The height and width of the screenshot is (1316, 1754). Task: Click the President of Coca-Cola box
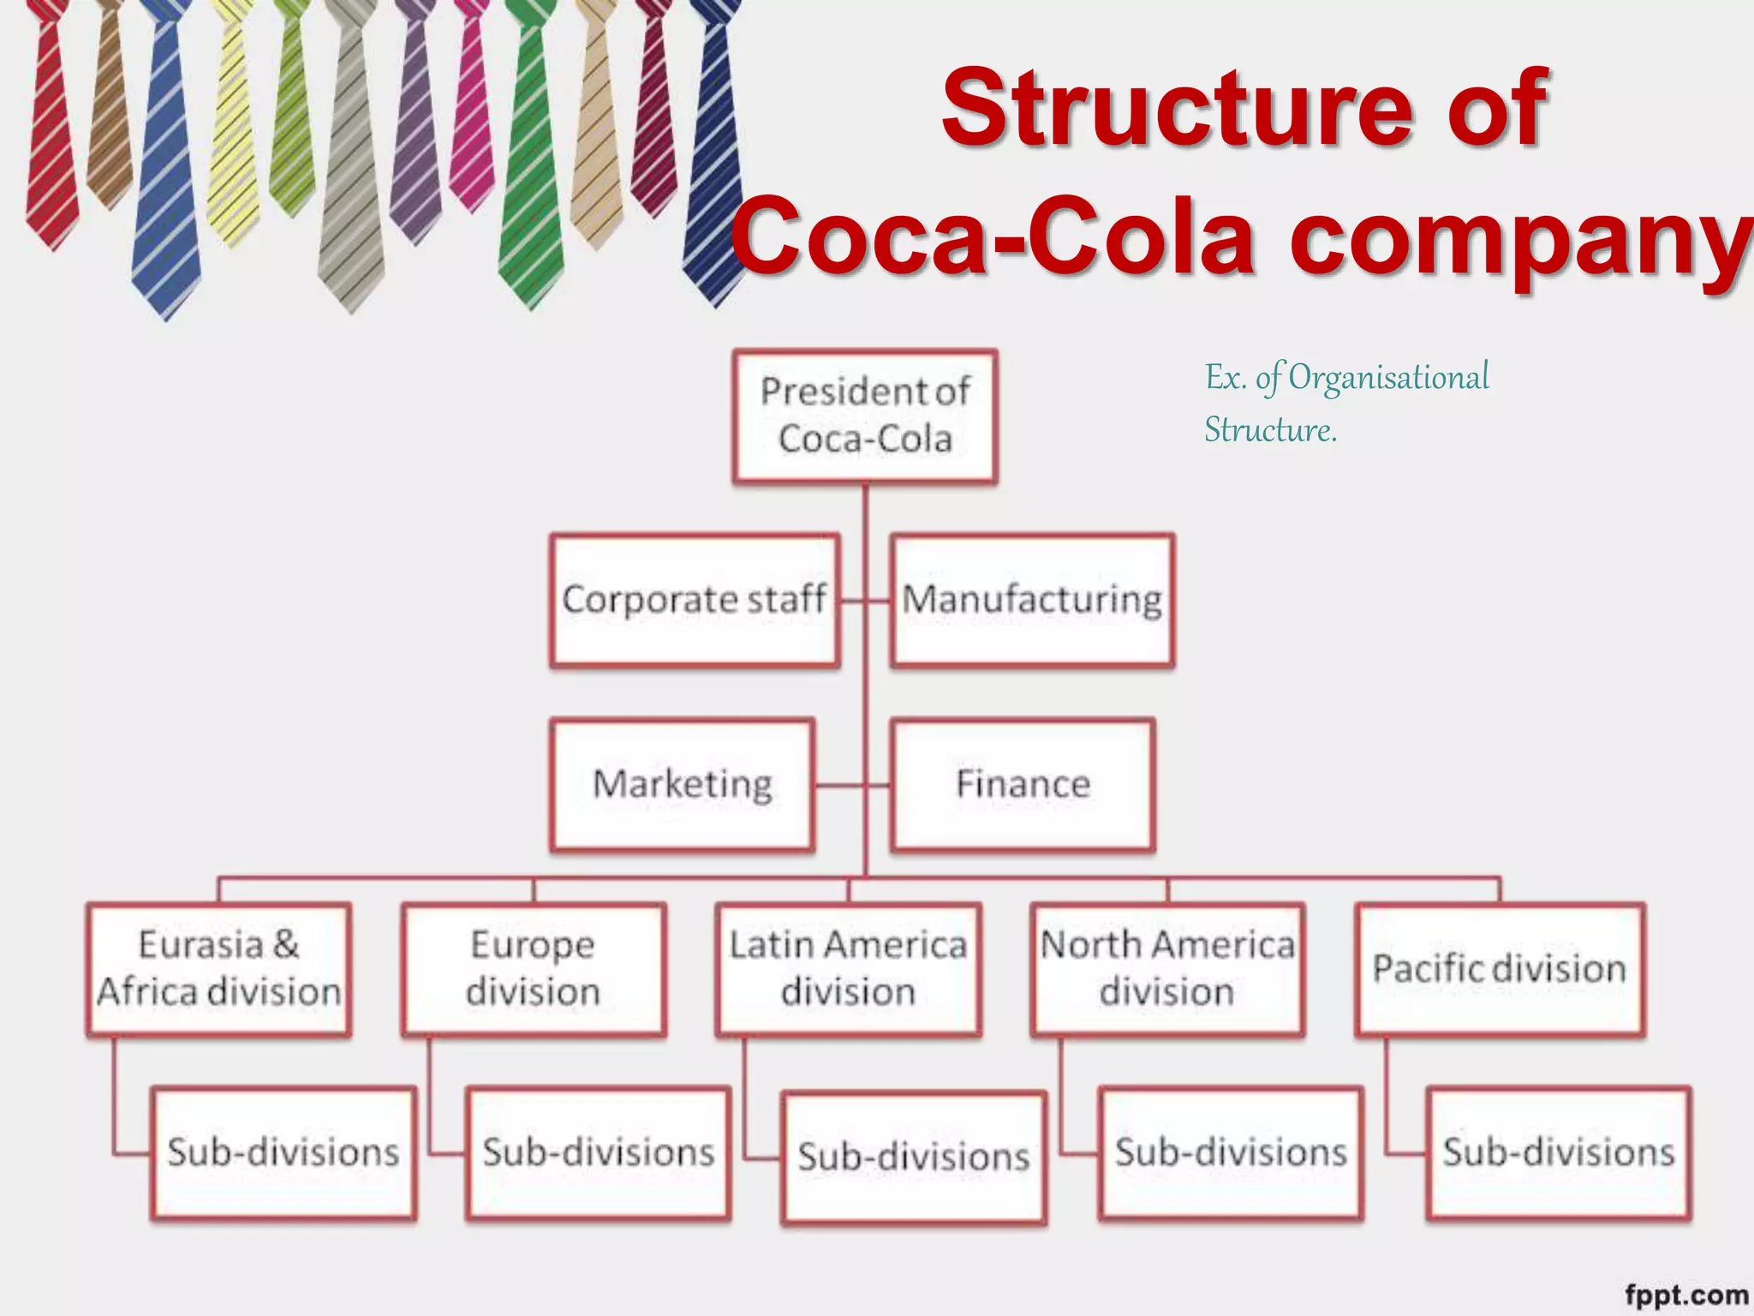click(865, 416)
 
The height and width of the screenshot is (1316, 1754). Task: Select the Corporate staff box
click(695, 600)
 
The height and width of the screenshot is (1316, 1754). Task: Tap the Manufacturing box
click(1032, 600)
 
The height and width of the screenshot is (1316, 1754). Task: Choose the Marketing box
click(683, 785)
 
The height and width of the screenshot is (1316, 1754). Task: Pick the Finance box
click(1023, 785)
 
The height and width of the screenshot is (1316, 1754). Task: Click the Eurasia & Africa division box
click(219, 969)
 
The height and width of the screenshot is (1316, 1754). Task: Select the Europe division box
click(534, 969)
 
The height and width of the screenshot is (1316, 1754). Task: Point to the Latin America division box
click(848, 969)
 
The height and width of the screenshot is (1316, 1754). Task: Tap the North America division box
click(1167, 969)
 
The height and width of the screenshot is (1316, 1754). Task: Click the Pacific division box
click(1500, 969)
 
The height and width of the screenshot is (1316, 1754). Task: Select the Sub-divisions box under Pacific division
click(1559, 1152)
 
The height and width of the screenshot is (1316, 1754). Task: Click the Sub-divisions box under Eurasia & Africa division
click(283, 1152)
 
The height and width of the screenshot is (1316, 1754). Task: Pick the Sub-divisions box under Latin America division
click(914, 1157)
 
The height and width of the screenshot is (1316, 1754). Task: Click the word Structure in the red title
click(1178, 109)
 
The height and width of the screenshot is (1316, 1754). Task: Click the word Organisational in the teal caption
click(1388, 378)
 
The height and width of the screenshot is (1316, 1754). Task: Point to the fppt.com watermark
click(1685, 1295)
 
